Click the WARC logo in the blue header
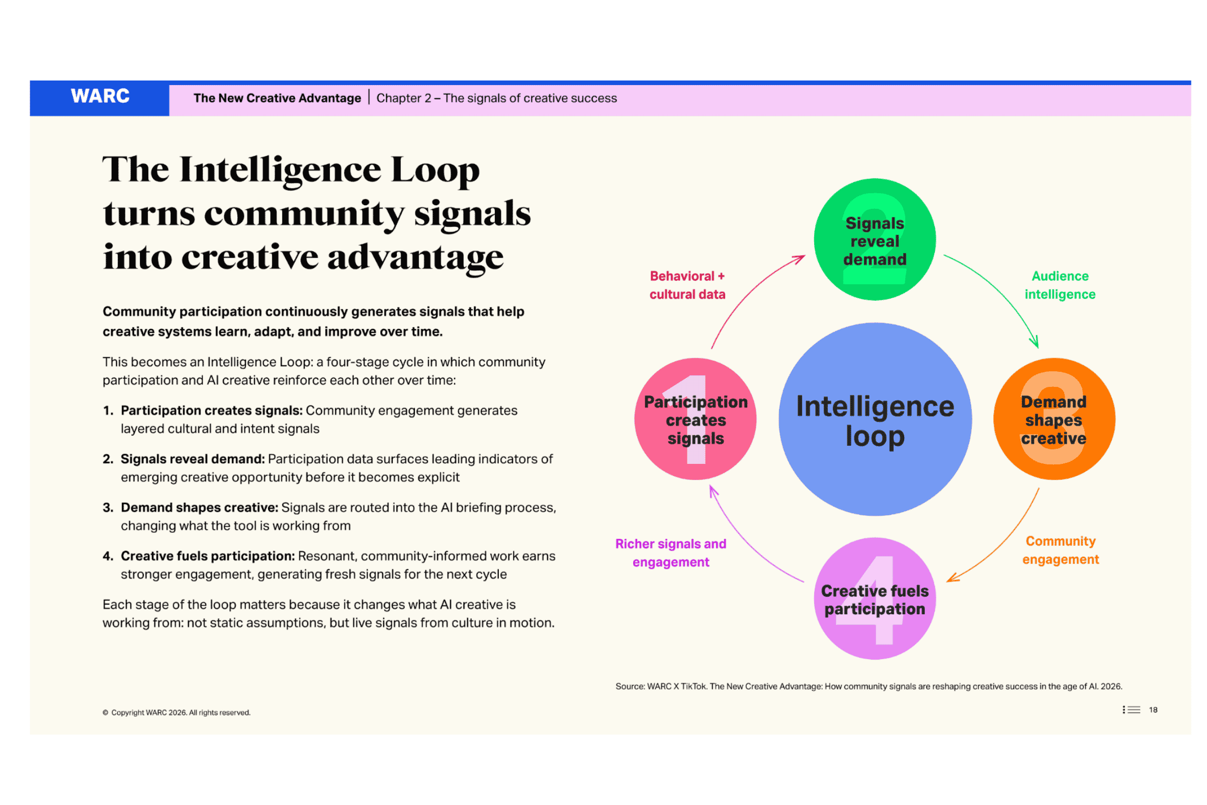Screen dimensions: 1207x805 tap(100, 96)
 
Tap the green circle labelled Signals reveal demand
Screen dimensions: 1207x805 tap(875, 239)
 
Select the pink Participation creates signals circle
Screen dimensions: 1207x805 tap(696, 419)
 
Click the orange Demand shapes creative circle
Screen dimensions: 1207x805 tap(1054, 419)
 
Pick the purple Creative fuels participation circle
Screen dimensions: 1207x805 tap(875, 599)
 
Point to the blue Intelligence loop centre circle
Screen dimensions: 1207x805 tap(875, 419)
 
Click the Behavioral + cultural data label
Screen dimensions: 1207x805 tap(687, 285)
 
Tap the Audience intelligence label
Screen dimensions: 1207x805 tap(1060, 285)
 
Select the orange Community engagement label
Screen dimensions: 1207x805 tap(1060, 550)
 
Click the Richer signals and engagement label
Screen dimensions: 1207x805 tap(671, 553)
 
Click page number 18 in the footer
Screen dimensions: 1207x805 tap(1153, 709)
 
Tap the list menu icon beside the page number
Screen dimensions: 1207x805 tap(1131, 709)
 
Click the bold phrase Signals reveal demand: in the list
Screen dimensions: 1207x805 tap(193, 459)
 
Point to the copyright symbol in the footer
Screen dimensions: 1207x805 tap(105, 712)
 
